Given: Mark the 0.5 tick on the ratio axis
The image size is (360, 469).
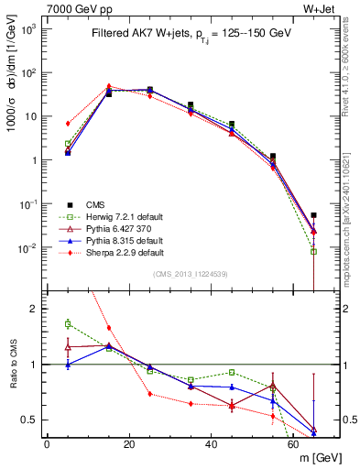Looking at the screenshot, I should point(33,420).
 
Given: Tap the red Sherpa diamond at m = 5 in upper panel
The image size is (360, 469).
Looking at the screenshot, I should point(68,123).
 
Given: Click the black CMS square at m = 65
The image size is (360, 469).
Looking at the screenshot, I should point(314,215).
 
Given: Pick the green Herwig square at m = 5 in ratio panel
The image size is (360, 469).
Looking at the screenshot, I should point(68,323).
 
